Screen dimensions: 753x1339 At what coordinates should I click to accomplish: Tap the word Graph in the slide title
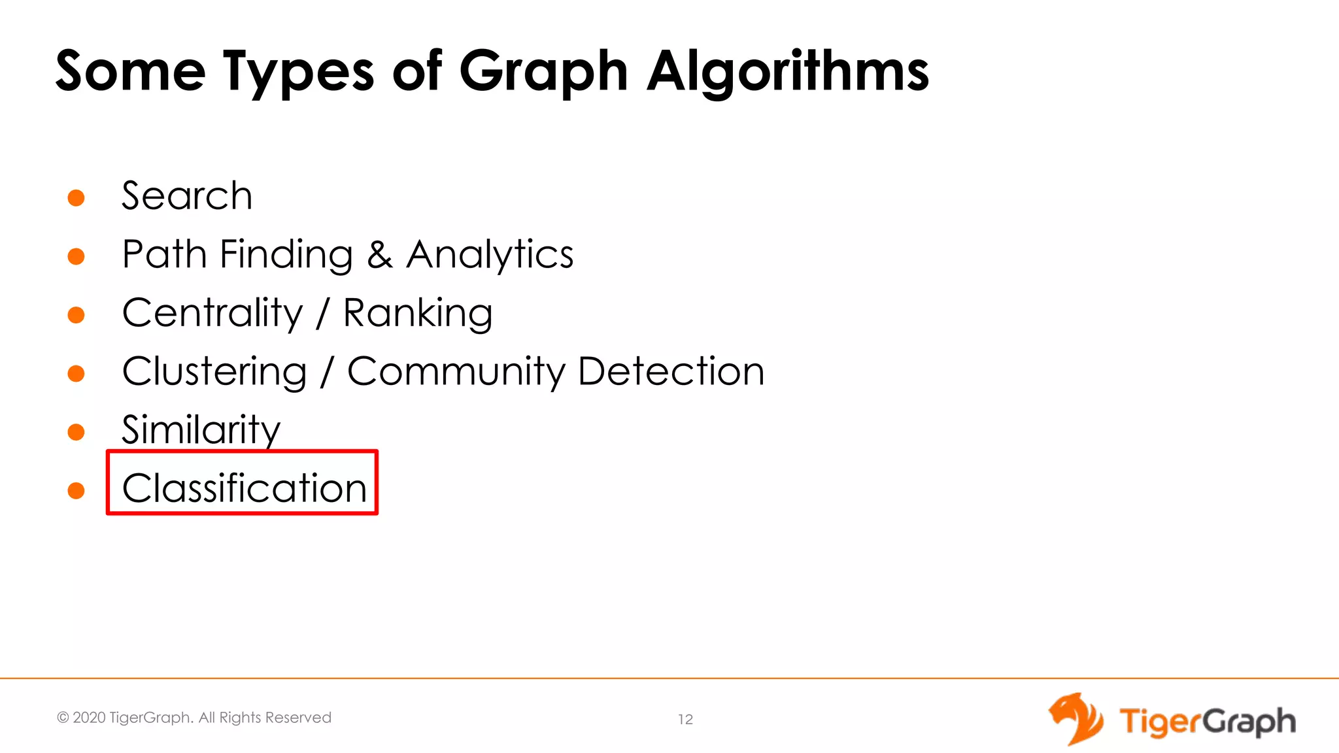(544, 72)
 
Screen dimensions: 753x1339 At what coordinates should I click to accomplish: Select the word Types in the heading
(299, 72)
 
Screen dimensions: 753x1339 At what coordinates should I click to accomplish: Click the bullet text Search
(187, 195)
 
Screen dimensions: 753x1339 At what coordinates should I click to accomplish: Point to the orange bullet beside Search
(76, 197)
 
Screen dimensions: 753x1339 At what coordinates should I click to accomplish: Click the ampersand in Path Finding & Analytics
(380, 254)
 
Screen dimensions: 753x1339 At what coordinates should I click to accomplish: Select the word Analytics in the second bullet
(490, 254)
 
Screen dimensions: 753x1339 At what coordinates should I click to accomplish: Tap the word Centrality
(212, 313)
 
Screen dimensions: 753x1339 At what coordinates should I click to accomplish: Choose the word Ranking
(418, 313)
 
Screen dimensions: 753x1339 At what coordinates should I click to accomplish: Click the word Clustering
(214, 372)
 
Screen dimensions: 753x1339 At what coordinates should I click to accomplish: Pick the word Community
(456, 372)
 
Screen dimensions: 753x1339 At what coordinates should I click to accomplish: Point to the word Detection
(671, 371)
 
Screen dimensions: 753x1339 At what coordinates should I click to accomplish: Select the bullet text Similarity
(201, 430)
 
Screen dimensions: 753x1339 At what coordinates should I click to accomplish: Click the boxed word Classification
(245, 488)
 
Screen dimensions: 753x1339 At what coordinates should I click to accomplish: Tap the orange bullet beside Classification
(76, 490)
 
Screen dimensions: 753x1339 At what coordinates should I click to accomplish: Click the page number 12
(685, 720)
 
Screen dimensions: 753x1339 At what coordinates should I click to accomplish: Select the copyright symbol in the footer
(63, 718)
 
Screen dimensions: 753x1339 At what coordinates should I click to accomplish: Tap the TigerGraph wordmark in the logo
(1207, 722)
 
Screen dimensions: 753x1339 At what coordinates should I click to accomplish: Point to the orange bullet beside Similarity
(76, 432)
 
